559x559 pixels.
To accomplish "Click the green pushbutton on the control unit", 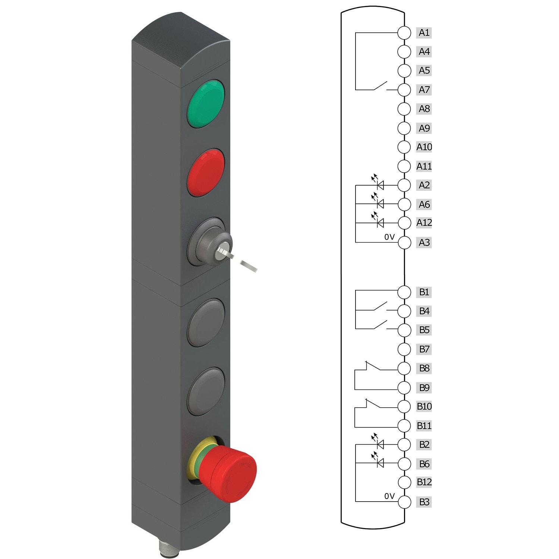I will [x=206, y=104].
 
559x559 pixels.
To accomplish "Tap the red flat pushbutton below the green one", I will [x=206, y=173].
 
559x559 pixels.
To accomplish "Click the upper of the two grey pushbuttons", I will [x=206, y=323].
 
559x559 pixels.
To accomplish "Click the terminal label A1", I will [x=424, y=33].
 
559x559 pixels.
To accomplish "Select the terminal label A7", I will [x=424, y=90].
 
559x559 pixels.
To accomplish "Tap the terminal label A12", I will [x=424, y=223].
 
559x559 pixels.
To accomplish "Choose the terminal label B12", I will [x=424, y=482].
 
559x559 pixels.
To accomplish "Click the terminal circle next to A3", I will [x=404, y=243].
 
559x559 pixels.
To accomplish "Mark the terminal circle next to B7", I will [x=404, y=349].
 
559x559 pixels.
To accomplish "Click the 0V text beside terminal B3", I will [x=389, y=496].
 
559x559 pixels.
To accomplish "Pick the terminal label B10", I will [x=424, y=406].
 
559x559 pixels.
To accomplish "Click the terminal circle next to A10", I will [x=404, y=147].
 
